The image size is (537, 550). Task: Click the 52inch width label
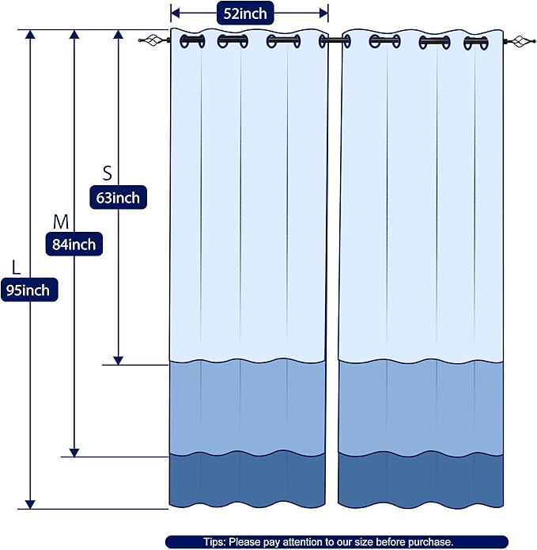pyautogui.click(x=245, y=13)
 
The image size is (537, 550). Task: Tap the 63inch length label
pyautogui.click(x=118, y=198)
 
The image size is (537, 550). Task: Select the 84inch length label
pyautogui.click(x=74, y=244)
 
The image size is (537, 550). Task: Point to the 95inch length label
pyautogui.click(x=29, y=290)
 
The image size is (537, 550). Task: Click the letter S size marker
pyautogui.click(x=108, y=173)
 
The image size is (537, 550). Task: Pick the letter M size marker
pyautogui.click(x=61, y=222)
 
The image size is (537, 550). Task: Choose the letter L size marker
pyautogui.click(x=16, y=267)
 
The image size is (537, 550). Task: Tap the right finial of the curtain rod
pyautogui.click(x=519, y=41)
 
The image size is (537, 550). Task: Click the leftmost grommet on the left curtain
pyautogui.click(x=192, y=41)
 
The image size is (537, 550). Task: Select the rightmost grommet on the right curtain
pyautogui.click(x=476, y=44)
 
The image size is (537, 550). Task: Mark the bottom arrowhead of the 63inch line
pyautogui.click(x=118, y=360)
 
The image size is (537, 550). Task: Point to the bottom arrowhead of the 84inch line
pyautogui.click(x=74, y=453)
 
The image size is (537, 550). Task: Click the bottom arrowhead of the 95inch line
pyautogui.click(x=30, y=504)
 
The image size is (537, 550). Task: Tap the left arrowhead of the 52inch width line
pyautogui.click(x=175, y=13)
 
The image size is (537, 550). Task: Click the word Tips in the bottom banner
pyautogui.click(x=214, y=542)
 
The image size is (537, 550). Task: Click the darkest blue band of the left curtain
pyautogui.click(x=247, y=480)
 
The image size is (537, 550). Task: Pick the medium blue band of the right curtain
pyautogui.click(x=421, y=408)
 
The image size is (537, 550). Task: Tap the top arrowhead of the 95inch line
pyautogui.click(x=30, y=34)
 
